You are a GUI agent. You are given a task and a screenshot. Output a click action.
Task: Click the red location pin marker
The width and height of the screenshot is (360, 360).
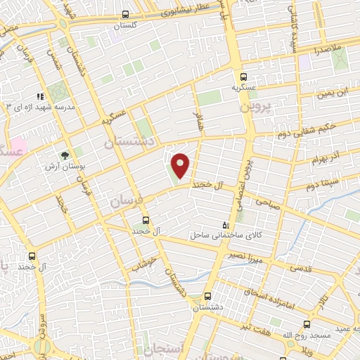[x=181, y=165]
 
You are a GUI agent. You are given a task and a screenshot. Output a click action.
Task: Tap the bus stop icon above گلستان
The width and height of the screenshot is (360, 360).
[x=125, y=14]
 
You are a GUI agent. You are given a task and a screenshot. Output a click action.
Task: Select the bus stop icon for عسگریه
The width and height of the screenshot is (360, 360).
[x=243, y=77]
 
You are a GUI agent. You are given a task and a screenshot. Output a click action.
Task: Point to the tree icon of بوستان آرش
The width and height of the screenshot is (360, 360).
[x=65, y=153]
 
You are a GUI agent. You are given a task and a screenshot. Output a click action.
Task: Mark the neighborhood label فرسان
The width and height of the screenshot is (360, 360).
[x=127, y=200]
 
